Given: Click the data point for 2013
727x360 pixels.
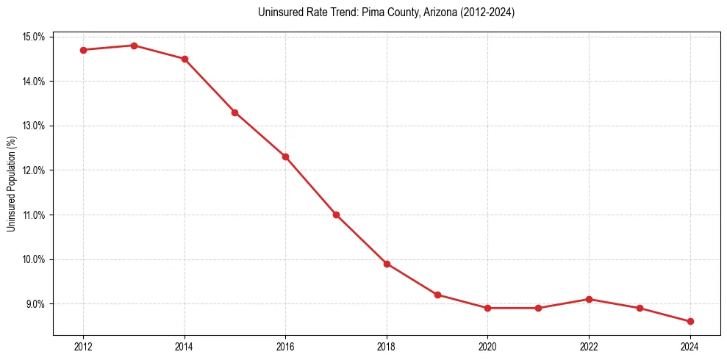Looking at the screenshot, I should pyautogui.click(x=134, y=46).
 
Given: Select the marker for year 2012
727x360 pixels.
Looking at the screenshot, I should pyautogui.click(x=83, y=50).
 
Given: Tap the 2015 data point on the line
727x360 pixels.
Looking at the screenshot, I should pyautogui.click(x=234, y=112).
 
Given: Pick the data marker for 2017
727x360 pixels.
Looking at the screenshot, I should pyautogui.click(x=336, y=215).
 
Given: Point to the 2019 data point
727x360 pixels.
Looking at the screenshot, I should pyautogui.click(x=437, y=295).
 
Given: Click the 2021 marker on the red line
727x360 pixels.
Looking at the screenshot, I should pyautogui.click(x=538, y=308).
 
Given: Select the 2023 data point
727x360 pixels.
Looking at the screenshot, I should pyautogui.click(x=640, y=308).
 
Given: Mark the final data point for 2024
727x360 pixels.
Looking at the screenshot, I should pyautogui.click(x=690, y=321).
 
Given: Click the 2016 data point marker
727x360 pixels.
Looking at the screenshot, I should pyautogui.click(x=285, y=156).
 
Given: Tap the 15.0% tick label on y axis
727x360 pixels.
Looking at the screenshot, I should pyautogui.click(x=34, y=37).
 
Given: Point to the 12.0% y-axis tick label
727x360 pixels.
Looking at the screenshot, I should pyautogui.click(x=34, y=170).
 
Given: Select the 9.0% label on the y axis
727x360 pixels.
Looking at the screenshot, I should pyautogui.click(x=36, y=304).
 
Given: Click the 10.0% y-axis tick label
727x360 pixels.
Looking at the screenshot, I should pyautogui.click(x=34, y=259).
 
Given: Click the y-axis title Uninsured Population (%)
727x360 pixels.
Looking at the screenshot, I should pyautogui.click(x=11, y=184).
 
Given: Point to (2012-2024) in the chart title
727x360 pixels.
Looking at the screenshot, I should pyautogui.click(x=488, y=12).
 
